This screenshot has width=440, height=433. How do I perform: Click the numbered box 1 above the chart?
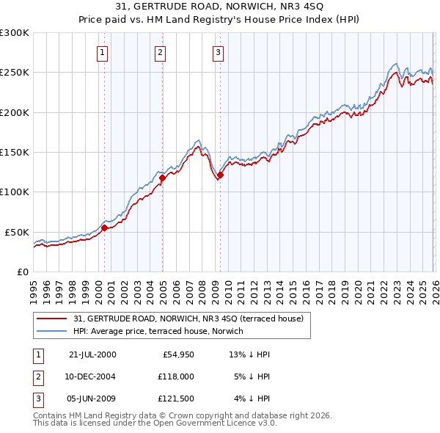102,51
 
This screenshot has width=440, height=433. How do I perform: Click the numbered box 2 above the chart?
160,51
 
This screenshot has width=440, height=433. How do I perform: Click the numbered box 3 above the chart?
218,51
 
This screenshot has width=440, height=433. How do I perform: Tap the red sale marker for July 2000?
104,228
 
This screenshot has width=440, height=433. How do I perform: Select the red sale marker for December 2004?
162,178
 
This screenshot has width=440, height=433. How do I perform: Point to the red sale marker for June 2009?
220,175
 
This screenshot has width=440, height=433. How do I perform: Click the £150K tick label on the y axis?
15,152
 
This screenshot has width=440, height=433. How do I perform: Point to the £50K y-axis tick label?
17,232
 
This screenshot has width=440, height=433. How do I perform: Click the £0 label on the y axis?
23,272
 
